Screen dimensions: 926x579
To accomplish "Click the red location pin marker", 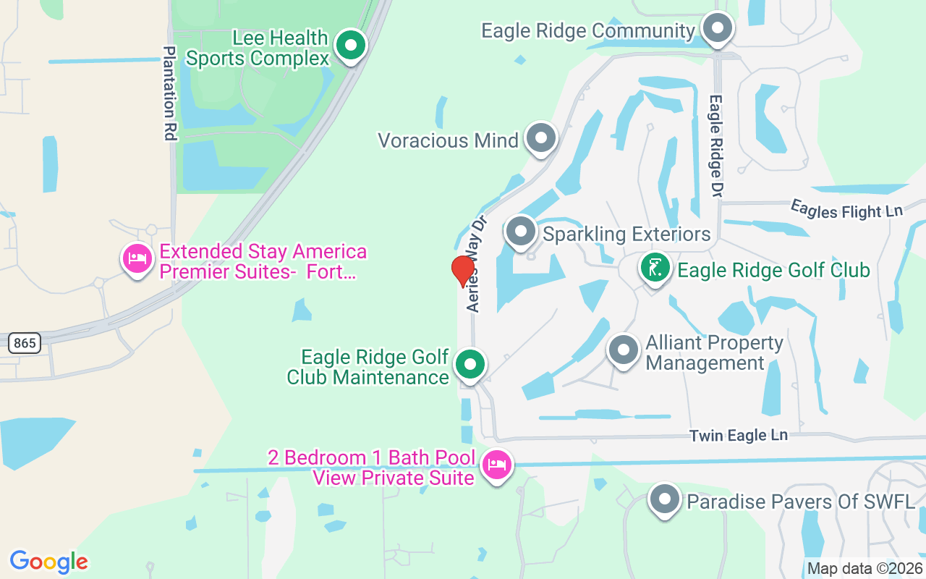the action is click(x=463, y=271).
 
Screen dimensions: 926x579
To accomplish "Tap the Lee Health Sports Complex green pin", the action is click(x=352, y=46).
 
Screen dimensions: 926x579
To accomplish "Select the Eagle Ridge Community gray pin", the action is click(x=718, y=30).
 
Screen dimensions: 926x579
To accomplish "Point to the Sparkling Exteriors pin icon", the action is click(x=520, y=232).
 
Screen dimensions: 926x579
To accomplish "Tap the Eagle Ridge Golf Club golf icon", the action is click(x=655, y=269).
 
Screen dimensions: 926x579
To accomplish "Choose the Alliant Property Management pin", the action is click(x=623, y=350).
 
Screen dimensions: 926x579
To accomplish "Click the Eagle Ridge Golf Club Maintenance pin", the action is click(x=470, y=365).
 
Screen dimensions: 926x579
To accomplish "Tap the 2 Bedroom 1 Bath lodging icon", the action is click(x=496, y=464).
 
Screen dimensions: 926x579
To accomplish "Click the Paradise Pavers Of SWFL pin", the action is click(x=664, y=499).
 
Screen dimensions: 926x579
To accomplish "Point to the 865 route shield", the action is click(x=25, y=343).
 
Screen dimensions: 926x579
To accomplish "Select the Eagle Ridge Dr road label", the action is click(x=716, y=145).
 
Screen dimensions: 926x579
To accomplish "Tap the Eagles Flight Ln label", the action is click(x=846, y=210).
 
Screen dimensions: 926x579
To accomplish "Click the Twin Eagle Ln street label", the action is click(x=738, y=436).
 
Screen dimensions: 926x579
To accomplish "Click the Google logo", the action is click(x=49, y=562).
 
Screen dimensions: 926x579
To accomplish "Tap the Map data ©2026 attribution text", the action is click(x=865, y=569).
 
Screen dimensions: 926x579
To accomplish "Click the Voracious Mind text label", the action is click(x=449, y=140).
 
